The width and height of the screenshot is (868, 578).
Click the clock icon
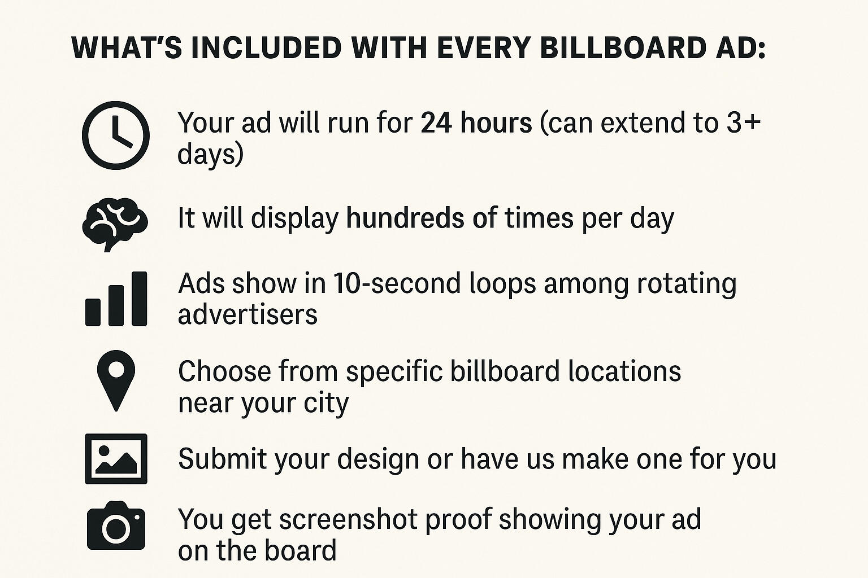pyautogui.click(x=115, y=135)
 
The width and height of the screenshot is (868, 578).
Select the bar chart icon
pyautogui.click(x=116, y=299)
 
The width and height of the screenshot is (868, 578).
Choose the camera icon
pyautogui.click(x=116, y=526)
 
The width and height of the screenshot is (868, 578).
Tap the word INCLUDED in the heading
pyautogui.click(x=267, y=48)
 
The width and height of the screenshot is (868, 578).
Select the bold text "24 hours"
pyautogui.click(x=476, y=122)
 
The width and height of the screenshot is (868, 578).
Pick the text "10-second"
pyautogui.click(x=397, y=283)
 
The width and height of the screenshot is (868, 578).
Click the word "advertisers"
pyautogui.click(x=248, y=314)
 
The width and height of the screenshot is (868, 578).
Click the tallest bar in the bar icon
pyautogui.click(x=140, y=299)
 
